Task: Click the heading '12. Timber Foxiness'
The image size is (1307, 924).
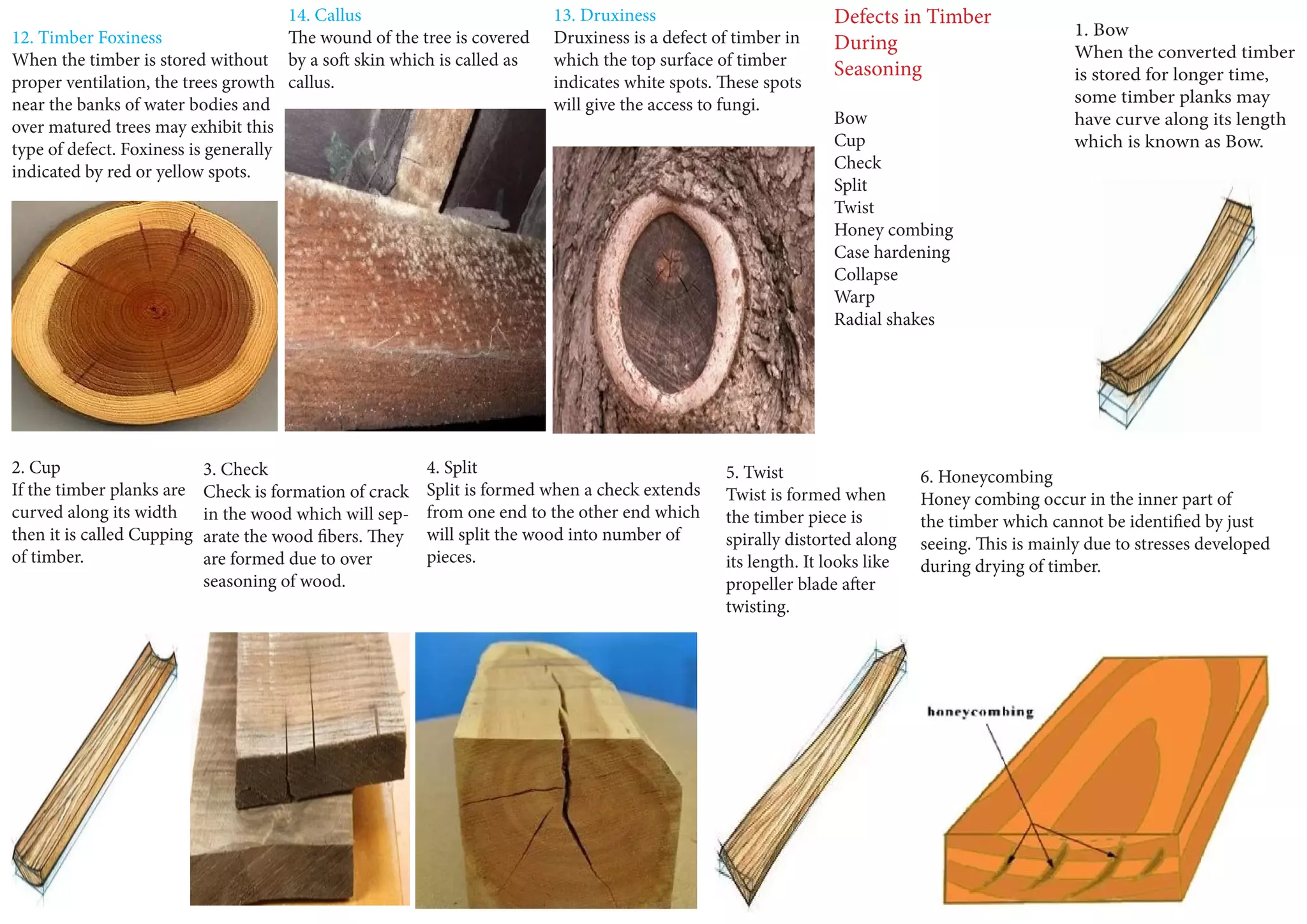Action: point(87,38)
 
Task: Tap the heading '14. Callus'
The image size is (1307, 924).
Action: point(324,15)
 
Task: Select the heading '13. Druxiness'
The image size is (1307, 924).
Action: point(604,15)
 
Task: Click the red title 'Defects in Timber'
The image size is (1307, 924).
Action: point(912,17)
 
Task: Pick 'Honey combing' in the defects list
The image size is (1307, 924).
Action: point(893,230)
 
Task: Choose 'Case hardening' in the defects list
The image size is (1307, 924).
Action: point(892,252)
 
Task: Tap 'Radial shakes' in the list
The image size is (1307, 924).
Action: point(884,319)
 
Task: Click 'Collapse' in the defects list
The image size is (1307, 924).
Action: point(865,274)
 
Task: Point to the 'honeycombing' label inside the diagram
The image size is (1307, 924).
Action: point(980,712)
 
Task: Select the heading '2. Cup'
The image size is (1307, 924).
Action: point(36,467)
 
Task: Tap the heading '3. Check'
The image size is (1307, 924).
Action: point(235,469)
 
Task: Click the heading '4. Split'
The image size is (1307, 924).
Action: point(451,467)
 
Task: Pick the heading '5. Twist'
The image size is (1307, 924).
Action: point(754,472)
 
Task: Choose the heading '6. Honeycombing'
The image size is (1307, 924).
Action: point(986,477)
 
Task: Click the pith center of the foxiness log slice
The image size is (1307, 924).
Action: point(153,310)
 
